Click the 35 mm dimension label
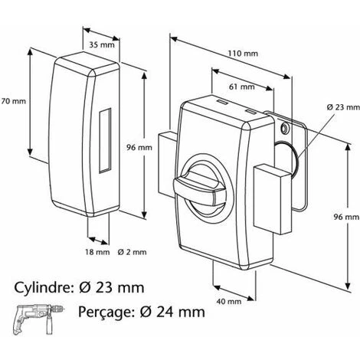[x=102, y=45]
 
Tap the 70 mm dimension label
[x=13, y=101]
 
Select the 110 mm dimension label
[x=243, y=54]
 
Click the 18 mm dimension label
[x=97, y=252]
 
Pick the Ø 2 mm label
[x=133, y=252]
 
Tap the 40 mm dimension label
[x=229, y=302]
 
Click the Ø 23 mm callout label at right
[x=343, y=107]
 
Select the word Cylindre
[x=42, y=287]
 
